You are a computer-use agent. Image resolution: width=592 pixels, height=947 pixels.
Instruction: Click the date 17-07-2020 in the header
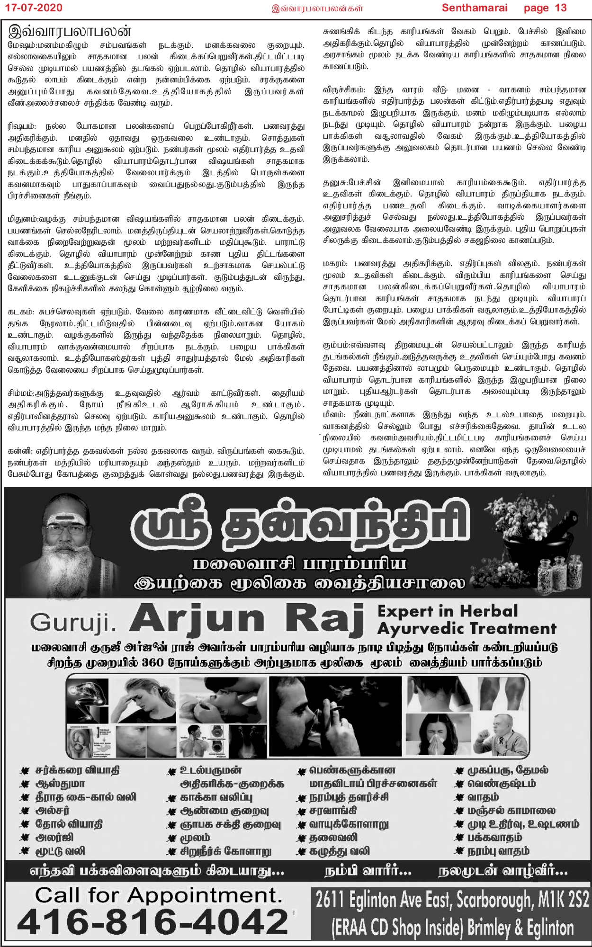32,8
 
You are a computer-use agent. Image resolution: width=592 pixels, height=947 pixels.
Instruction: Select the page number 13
561,8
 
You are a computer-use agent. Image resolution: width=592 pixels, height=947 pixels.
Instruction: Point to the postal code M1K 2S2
564,900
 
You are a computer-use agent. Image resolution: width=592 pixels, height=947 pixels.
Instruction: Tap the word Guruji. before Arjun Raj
73,622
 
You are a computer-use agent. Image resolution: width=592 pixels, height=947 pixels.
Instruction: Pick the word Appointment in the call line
205,895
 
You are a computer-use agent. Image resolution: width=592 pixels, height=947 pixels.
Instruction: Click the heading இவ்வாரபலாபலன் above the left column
70,31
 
